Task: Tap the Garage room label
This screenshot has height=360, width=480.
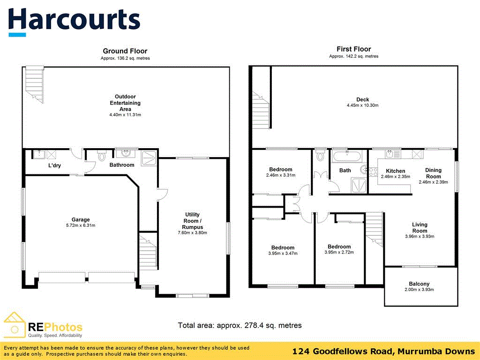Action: pos(81,219)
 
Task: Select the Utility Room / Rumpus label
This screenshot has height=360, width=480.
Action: pos(193,220)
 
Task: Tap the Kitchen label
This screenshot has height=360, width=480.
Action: pos(395,171)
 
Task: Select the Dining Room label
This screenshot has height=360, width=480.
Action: pos(433,173)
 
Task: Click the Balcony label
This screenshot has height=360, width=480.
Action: pos(419,284)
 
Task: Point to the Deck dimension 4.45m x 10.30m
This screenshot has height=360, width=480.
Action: pos(362,105)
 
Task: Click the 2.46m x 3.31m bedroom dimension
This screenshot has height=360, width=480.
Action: pos(281,176)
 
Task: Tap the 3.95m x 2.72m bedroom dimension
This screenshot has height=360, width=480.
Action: pos(339,253)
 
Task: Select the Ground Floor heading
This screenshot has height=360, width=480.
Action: pos(125,51)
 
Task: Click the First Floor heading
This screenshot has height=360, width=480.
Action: pos(353,49)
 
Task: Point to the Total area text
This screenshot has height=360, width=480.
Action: pos(240,325)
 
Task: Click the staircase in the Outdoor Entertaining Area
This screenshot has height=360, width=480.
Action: pos(34,82)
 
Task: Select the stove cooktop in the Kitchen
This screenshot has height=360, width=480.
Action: pos(373,171)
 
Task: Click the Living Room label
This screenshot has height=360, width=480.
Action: pos(420,227)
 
